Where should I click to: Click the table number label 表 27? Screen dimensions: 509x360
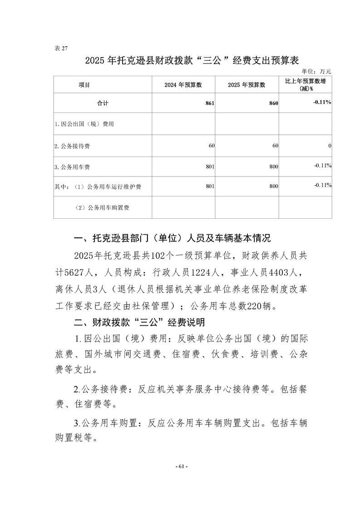tap(60, 49)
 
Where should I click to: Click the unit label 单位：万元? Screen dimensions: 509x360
tap(316, 71)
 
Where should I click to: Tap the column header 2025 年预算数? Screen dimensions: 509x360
tap(247, 85)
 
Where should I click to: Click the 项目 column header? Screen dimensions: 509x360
tap(84, 85)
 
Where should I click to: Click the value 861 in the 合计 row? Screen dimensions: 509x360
tap(209, 103)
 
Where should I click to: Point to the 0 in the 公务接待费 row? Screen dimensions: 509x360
tap(329, 146)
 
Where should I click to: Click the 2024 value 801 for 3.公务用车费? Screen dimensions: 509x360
tap(209, 167)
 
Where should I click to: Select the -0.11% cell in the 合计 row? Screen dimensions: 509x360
tap(322, 103)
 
